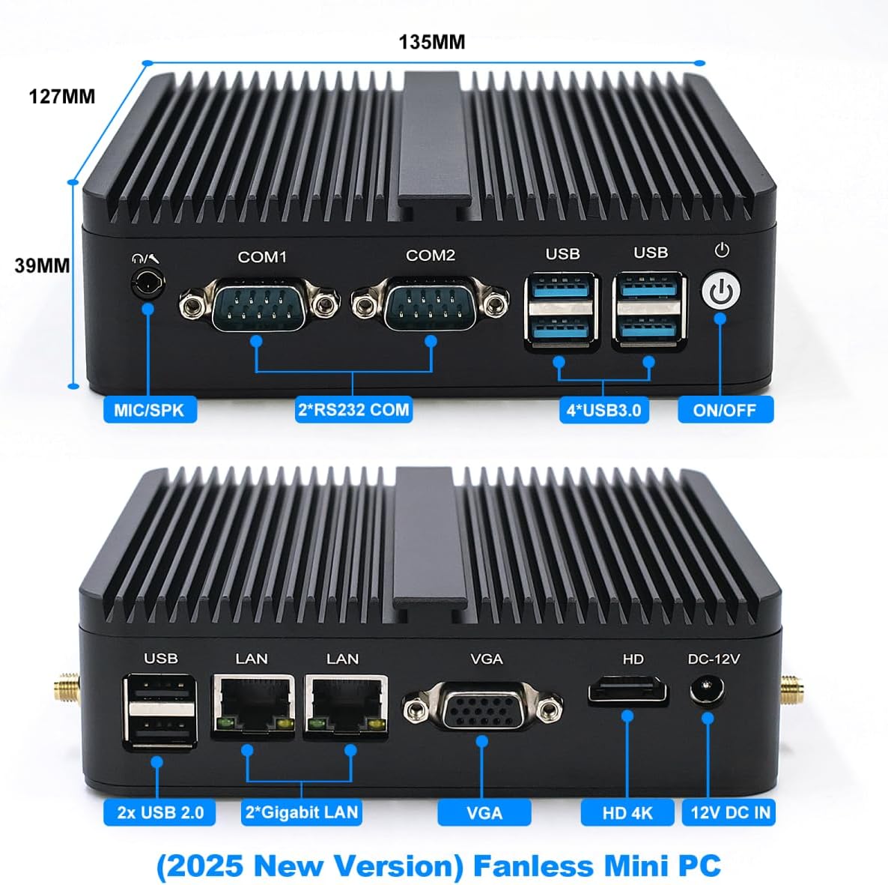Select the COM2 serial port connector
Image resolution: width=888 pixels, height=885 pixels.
tap(430, 304)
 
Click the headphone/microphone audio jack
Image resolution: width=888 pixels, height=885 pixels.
tap(148, 284)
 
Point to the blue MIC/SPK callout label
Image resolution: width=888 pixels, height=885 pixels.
tap(149, 410)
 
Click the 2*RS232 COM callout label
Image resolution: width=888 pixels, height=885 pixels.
tap(353, 410)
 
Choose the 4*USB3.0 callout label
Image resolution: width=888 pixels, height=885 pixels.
tap(603, 410)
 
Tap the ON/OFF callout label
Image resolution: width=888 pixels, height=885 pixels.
tap(725, 410)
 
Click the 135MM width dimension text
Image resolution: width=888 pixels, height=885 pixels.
tap(431, 42)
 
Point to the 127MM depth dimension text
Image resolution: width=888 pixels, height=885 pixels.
tap(62, 97)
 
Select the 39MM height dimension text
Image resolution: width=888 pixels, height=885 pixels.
tap(42, 266)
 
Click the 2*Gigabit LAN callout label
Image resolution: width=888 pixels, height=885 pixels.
tap(302, 812)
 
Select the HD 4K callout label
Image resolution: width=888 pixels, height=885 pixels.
tap(627, 812)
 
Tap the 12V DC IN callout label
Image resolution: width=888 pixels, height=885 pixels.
tap(730, 812)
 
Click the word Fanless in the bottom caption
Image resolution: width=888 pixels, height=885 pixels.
tap(533, 866)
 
